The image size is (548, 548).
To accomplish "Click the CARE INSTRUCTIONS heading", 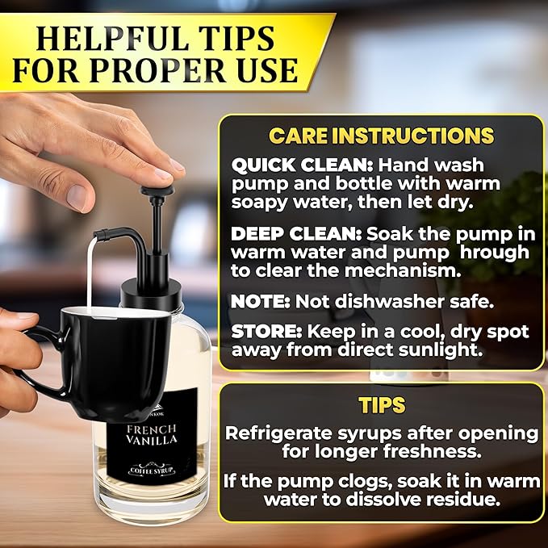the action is (381, 136).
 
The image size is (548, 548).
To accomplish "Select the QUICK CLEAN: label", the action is (302, 165).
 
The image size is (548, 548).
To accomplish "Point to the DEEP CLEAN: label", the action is (296, 234).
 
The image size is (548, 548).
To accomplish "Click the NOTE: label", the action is (261, 302).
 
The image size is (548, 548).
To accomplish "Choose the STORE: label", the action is (266, 332).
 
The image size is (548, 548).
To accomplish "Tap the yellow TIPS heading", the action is (382, 405).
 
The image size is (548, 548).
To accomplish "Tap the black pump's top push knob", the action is (157, 190).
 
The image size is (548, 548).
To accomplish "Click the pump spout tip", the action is (99, 235).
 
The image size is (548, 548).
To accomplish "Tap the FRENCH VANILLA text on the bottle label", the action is (152, 434).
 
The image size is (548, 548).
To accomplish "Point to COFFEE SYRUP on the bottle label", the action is (152, 471).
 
